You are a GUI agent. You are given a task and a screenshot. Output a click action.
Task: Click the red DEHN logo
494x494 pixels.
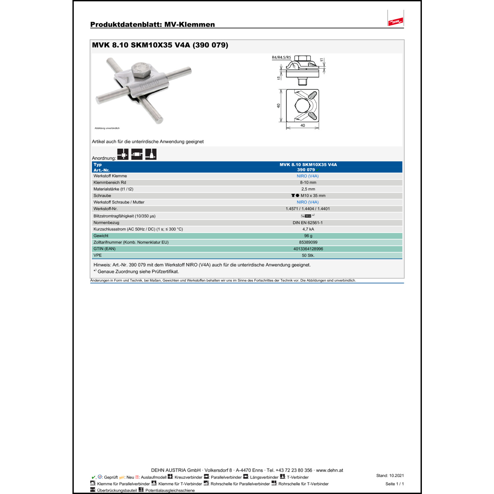(x=396, y=21)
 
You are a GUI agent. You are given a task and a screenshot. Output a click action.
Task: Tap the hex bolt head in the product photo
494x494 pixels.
(x=141, y=70)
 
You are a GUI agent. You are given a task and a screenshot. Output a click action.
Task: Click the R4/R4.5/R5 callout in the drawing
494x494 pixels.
(x=281, y=58)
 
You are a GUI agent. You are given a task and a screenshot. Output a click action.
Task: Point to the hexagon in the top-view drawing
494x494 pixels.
(x=302, y=106)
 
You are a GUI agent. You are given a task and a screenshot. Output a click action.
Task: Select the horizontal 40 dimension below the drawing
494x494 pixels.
(x=303, y=125)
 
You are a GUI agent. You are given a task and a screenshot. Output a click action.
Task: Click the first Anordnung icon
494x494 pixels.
(x=123, y=154)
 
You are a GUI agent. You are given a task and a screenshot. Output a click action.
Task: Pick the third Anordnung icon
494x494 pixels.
(x=151, y=154)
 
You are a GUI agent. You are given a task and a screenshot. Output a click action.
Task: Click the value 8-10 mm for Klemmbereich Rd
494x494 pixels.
(x=308, y=182)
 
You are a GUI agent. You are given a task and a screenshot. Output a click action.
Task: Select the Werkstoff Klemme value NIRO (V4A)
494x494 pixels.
(x=308, y=176)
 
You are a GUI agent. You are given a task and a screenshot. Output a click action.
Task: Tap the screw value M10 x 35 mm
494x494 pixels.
(x=313, y=196)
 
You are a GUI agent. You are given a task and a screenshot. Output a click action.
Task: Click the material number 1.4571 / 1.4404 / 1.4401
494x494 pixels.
(x=308, y=209)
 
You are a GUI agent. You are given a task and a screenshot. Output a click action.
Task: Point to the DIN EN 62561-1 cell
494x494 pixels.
(x=308, y=223)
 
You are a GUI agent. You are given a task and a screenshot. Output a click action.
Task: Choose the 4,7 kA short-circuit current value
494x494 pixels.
(x=308, y=229)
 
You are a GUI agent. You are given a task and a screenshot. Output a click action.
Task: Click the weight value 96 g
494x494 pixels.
(x=308, y=236)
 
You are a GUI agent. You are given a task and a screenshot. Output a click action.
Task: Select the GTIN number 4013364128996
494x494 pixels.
(x=308, y=249)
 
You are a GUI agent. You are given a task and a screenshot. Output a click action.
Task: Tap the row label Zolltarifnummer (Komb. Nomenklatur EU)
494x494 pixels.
(x=131, y=242)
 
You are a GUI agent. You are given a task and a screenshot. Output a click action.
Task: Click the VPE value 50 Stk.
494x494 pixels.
(x=308, y=256)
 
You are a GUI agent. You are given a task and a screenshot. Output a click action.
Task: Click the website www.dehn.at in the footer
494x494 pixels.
(x=329, y=470)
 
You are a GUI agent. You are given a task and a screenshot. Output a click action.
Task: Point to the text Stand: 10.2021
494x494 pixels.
(x=390, y=476)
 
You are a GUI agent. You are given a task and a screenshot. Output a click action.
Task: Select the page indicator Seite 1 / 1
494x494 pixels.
(x=395, y=484)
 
